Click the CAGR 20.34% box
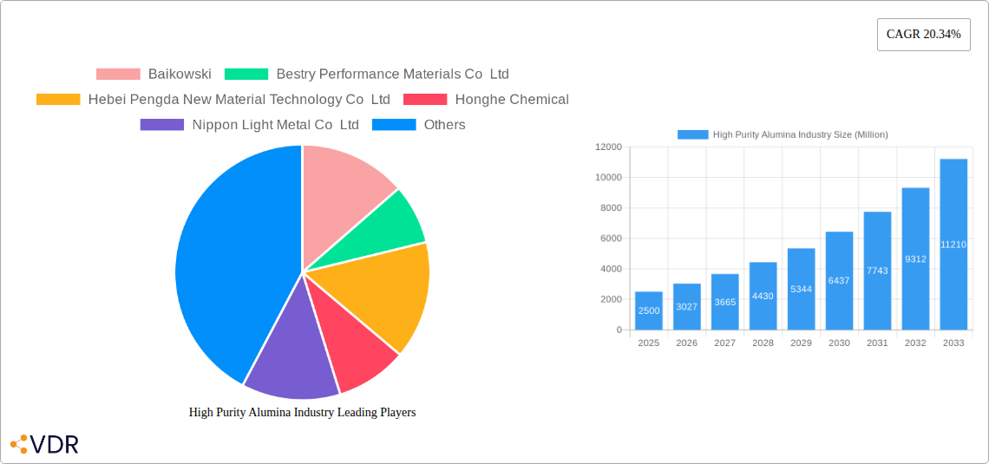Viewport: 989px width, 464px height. (x=923, y=35)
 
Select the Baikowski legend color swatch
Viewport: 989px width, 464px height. (x=118, y=75)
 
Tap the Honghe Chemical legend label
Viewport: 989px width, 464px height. (x=512, y=100)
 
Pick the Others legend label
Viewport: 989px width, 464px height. (x=444, y=125)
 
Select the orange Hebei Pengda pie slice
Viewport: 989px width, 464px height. (x=382, y=295)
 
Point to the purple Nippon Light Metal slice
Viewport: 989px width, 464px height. (x=291, y=356)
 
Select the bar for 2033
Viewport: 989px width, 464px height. (x=953, y=245)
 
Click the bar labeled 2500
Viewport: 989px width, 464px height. (x=649, y=310)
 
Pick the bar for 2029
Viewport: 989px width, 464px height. (x=801, y=289)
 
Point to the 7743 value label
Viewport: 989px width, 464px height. (x=877, y=271)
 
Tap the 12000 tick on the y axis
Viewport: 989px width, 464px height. (x=608, y=147)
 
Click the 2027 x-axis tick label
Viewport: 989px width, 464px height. (x=724, y=343)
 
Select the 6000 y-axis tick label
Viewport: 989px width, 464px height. (x=611, y=239)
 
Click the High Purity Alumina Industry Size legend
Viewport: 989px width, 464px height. (x=783, y=134)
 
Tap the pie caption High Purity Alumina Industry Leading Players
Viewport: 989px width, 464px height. (x=302, y=413)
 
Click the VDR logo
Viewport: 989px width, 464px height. (x=45, y=445)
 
